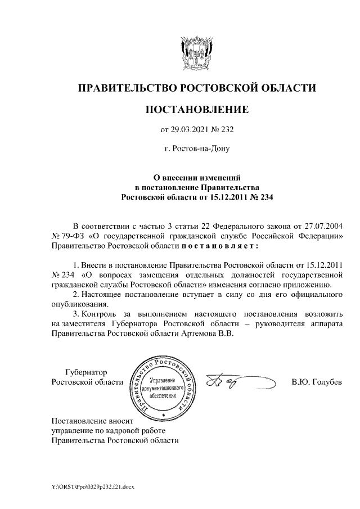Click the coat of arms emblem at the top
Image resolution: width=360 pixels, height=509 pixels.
point(197,54)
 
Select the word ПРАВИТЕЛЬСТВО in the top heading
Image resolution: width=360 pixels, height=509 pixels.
point(126,88)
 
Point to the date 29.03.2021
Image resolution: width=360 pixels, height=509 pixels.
point(190,130)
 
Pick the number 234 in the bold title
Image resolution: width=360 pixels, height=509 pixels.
point(264,197)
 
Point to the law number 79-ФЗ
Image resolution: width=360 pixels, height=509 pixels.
point(74,236)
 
